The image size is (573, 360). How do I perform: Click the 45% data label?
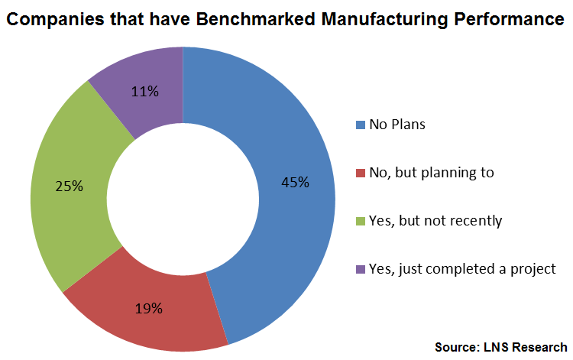coord(295,182)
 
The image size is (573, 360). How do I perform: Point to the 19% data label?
coord(149,309)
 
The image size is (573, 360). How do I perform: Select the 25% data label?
coord(69,185)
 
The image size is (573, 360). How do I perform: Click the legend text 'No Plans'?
coord(397,125)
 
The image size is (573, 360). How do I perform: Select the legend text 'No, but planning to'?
coord(432,173)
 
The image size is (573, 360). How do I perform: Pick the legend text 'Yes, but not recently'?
coord(435,221)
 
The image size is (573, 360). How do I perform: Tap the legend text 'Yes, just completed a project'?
coord(461,269)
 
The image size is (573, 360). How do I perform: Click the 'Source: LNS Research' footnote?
coord(501,347)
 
